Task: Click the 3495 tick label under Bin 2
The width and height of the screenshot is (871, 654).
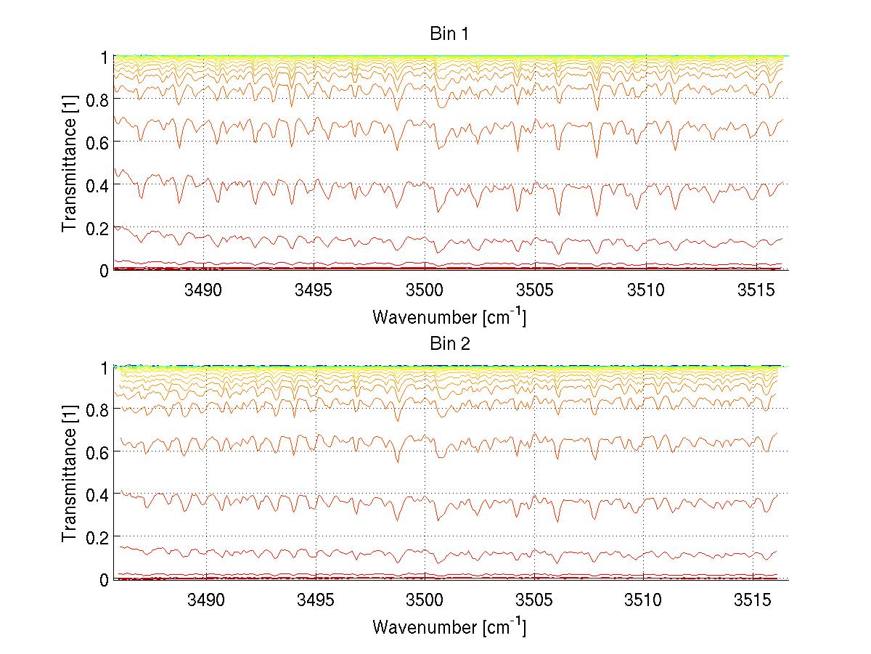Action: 315,600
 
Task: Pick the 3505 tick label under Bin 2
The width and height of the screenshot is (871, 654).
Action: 535,600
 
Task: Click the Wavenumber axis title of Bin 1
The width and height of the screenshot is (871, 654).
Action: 449,317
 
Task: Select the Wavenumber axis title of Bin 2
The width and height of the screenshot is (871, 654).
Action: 449,626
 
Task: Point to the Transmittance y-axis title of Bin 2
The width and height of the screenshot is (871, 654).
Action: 70,473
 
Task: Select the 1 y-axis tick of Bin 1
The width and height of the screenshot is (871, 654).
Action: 104,57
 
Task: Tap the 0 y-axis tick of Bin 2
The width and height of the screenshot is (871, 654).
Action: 104,580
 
